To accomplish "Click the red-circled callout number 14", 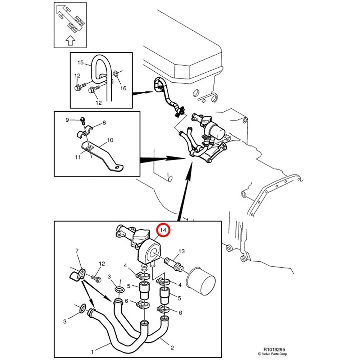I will (x=163, y=230).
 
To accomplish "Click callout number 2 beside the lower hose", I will (x=172, y=348).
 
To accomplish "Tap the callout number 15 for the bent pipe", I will (x=81, y=63).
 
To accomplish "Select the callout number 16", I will (x=123, y=88).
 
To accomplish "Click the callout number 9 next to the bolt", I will (x=67, y=120).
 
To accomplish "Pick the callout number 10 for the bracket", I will (x=110, y=140).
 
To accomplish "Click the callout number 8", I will (x=104, y=123).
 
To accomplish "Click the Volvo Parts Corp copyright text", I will (x=273, y=354).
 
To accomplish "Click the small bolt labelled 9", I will (x=83, y=119).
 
